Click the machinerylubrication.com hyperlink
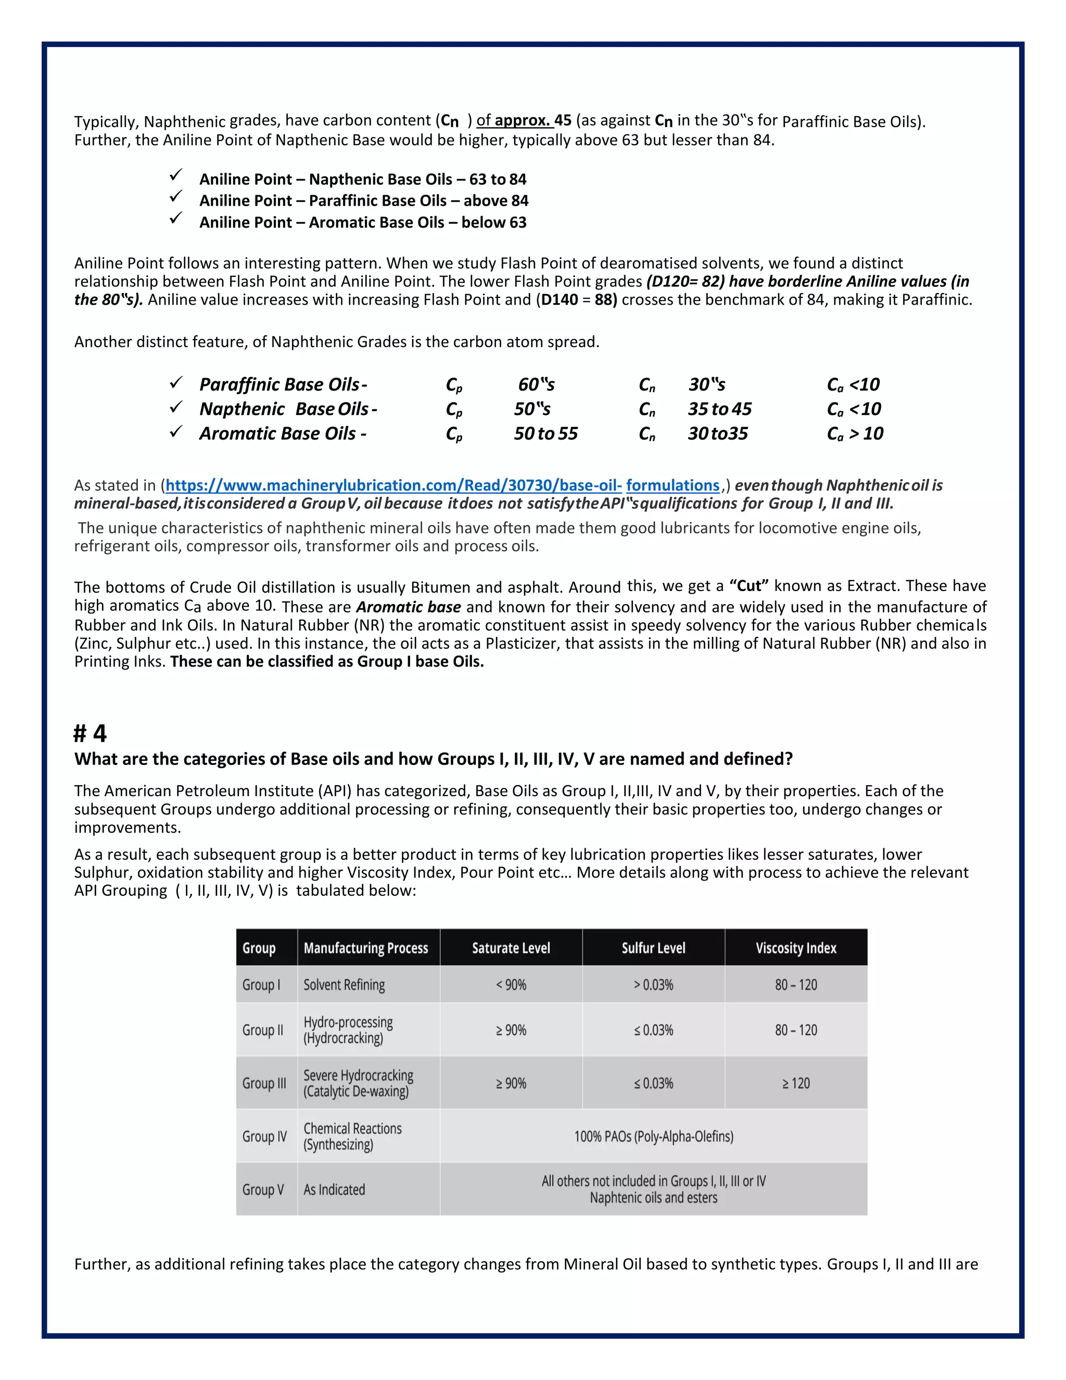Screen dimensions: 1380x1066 pos(442,485)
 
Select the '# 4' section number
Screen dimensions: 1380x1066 pos(90,734)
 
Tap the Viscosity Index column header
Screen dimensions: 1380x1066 pos(796,948)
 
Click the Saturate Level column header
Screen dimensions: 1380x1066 pos(511,948)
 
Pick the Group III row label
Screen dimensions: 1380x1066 pos(264,1083)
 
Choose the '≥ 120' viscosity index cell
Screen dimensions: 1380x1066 pos(796,1083)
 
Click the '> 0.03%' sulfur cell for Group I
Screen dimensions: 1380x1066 pos(654,984)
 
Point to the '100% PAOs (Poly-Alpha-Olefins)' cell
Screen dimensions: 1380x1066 pos(654,1136)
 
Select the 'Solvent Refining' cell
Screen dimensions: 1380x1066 pos(344,984)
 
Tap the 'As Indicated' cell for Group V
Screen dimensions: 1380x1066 pos(334,1189)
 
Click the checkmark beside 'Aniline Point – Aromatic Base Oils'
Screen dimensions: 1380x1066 pos(176,219)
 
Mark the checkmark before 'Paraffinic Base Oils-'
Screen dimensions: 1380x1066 pos(176,382)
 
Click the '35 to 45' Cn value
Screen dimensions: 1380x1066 pos(720,409)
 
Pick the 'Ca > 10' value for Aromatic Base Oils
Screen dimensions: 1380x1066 pos(855,433)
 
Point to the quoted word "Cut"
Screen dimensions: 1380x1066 pos(749,586)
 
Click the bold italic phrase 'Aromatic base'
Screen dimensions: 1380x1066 pos(409,607)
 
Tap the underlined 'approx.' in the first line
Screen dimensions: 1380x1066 pos(522,120)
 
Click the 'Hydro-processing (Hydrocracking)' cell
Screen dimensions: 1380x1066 pos(348,1030)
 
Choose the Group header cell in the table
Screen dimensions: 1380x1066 pos(259,948)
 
